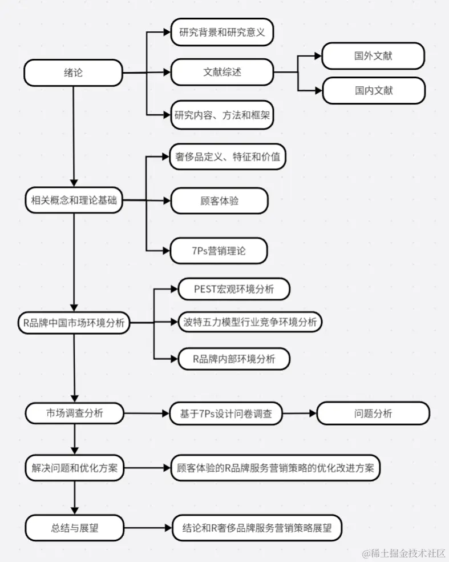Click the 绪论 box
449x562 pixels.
tap(74, 73)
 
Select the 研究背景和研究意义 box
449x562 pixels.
tap(222, 33)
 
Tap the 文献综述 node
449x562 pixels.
tap(222, 73)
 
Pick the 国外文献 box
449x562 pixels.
tap(373, 56)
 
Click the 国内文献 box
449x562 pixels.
tap(373, 90)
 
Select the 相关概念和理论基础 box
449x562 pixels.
tap(74, 200)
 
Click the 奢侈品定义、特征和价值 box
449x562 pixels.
tap(228, 156)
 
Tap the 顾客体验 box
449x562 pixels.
tap(219, 200)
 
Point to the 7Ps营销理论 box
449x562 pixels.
tap(219, 250)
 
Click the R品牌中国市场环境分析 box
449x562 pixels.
tap(74, 323)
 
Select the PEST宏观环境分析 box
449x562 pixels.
tap(234, 289)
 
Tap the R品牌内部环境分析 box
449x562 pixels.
tap(234, 359)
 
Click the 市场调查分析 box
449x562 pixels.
tap(74, 414)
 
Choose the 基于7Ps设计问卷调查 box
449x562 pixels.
tap(226, 414)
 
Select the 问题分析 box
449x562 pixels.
tap(373, 414)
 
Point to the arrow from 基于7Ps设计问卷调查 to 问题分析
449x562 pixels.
tap(300, 414)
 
